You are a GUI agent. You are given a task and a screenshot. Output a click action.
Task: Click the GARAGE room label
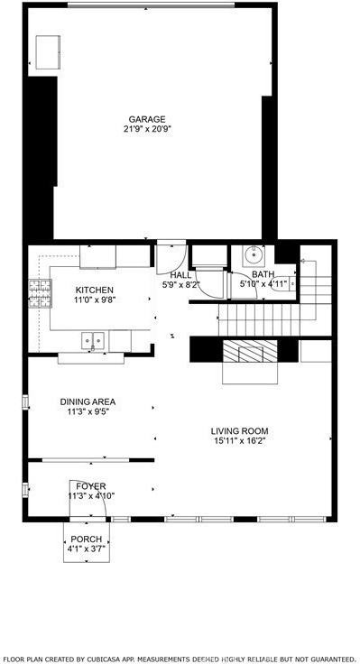146,119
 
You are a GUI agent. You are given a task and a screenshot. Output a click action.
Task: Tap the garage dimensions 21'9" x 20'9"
146,130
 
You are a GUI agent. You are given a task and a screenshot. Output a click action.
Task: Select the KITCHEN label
94,290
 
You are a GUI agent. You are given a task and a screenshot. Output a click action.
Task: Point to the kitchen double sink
93,340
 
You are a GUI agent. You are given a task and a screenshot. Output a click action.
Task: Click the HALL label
180,274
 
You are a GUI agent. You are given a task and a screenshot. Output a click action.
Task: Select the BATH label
263,274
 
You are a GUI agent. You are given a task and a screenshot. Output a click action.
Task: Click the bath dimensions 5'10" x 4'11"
263,284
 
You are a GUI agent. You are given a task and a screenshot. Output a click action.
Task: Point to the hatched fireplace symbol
250,351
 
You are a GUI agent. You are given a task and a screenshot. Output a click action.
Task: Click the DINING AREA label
88,401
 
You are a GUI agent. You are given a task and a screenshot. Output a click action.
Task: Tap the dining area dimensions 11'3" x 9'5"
88,412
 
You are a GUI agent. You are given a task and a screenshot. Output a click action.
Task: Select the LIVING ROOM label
240,431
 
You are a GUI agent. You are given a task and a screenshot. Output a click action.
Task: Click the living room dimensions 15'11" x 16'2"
240,442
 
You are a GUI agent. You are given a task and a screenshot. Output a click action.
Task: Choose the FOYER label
90,486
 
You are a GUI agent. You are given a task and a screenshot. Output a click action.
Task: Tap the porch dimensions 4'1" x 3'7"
87,549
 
